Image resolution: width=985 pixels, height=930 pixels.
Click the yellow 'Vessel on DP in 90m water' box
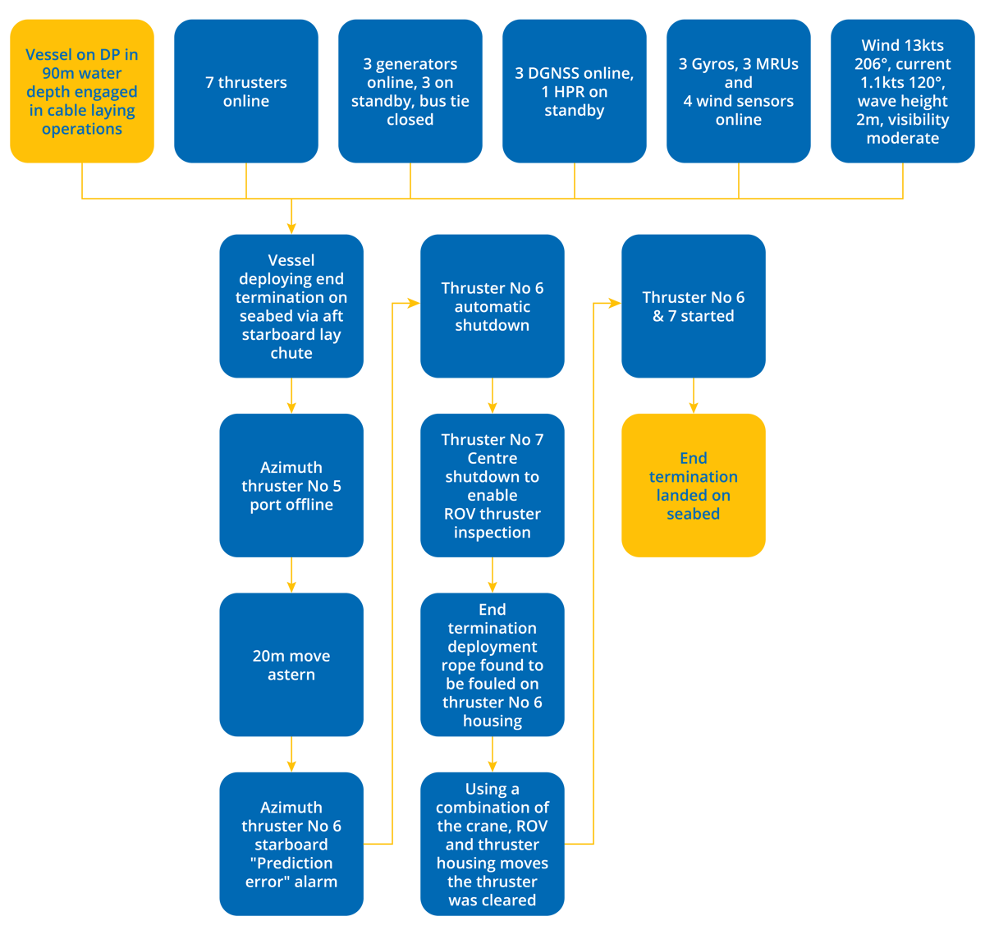click(82, 91)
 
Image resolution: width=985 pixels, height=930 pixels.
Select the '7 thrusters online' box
click(246, 91)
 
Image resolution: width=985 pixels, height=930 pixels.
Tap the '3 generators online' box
click(410, 91)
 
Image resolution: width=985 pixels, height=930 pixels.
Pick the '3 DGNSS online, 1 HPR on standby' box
click(575, 91)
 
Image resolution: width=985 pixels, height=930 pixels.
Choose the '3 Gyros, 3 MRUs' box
click(739, 91)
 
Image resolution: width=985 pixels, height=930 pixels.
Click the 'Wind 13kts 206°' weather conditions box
click(903, 91)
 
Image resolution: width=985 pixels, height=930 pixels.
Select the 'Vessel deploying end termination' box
click(291, 306)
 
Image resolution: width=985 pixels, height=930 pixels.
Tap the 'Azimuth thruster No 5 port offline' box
click(291, 485)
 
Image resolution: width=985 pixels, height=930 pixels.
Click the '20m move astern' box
click(291, 665)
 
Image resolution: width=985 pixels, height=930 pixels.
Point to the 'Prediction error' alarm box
click(291, 844)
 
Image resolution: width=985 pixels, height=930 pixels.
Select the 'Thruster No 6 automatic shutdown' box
click(492, 306)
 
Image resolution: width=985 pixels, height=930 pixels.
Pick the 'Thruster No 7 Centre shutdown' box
click(492, 485)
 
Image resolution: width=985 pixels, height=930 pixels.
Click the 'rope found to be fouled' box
click(492, 665)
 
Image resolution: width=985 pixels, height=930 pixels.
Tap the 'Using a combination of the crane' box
click(492, 844)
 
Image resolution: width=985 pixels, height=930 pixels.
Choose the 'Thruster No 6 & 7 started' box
click(694, 306)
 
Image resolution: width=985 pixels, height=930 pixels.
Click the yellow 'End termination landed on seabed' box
click(694, 485)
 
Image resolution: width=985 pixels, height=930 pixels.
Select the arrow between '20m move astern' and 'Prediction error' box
click(291, 754)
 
